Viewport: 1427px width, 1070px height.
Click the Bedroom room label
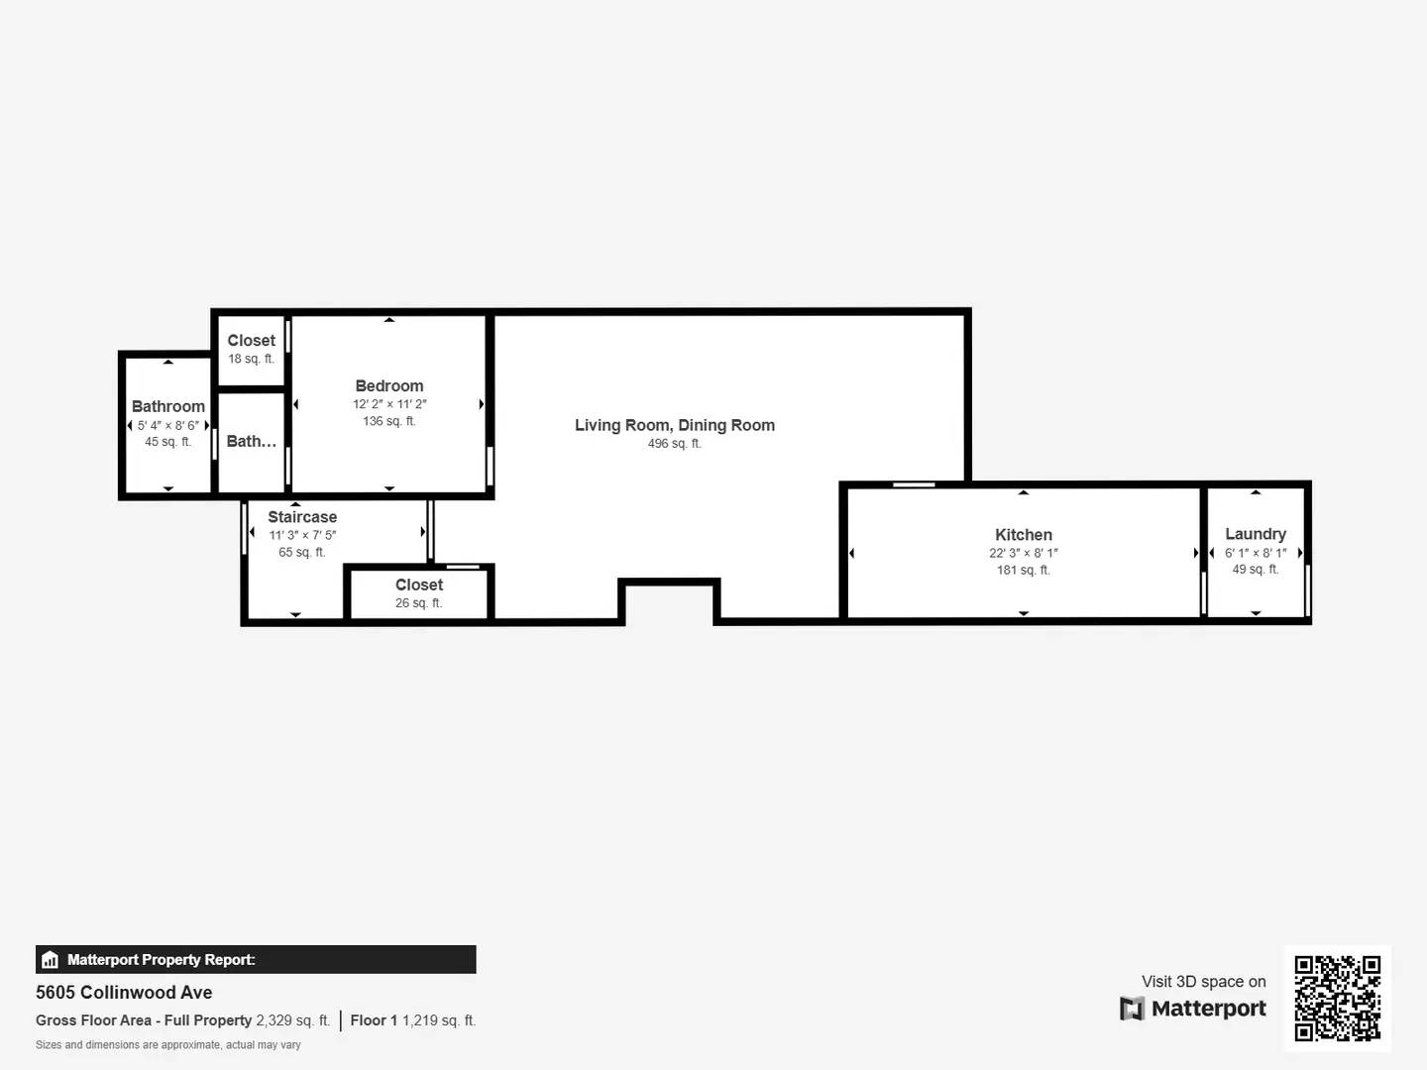pos(389,386)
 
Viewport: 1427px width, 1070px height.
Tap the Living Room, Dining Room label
pos(675,425)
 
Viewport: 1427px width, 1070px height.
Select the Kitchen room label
pos(1024,535)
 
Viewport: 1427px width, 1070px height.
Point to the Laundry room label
pos(1256,534)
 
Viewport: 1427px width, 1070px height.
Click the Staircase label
pos(302,517)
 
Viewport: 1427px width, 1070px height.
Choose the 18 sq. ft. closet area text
pos(251,359)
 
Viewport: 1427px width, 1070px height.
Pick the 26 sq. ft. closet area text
pos(418,603)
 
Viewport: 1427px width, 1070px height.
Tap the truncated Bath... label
pos(251,442)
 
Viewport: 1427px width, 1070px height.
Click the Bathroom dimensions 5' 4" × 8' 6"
pos(168,425)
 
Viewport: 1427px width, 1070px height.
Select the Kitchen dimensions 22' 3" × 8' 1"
pos(1024,553)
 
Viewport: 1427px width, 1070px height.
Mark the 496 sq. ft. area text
pos(675,444)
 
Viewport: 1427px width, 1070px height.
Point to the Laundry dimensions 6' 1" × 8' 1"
pos(1256,553)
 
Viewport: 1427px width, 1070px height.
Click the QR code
pos(1338,998)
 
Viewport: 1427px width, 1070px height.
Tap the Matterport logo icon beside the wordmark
pos(1132,1009)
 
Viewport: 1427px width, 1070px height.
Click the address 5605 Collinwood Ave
pos(124,993)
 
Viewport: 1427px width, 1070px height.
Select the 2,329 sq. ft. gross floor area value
pos(292,1020)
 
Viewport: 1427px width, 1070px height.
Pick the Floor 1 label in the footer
pos(374,1020)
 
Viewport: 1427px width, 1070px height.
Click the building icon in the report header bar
pos(51,960)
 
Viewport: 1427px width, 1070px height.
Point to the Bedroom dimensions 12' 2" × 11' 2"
pos(389,404)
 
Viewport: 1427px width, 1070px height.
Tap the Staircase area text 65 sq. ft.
pos(302,553)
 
